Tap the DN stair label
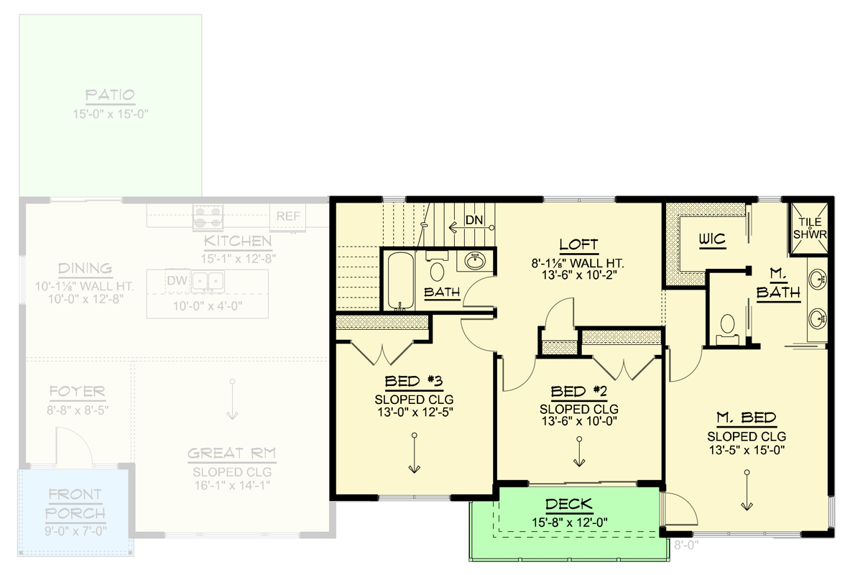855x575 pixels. coord(473,220)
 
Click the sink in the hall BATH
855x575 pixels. coord(475,261)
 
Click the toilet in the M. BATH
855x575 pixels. coord(727,327)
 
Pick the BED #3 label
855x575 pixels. coord(413,382)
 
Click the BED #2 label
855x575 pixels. coord(579,392)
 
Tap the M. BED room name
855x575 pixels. coord(746,418)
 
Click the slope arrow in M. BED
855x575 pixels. coord(747,492)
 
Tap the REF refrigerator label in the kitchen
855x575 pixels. coord(289,216)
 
